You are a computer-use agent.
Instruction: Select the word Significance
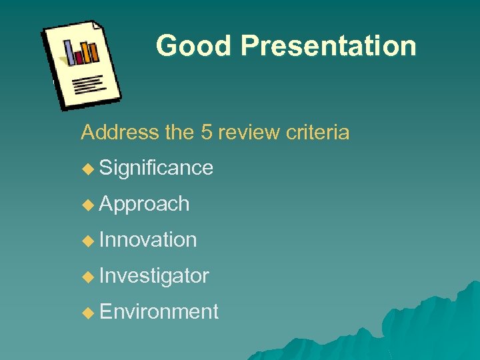click(156, 167)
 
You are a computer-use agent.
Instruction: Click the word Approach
click(144, 204)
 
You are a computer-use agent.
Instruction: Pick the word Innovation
click(147, 239)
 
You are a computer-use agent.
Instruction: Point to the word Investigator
click(154, 275)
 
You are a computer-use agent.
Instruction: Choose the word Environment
click(159, 311)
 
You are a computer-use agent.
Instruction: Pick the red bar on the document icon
click(79, 57)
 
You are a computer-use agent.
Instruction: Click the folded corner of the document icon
click(97, 27)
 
